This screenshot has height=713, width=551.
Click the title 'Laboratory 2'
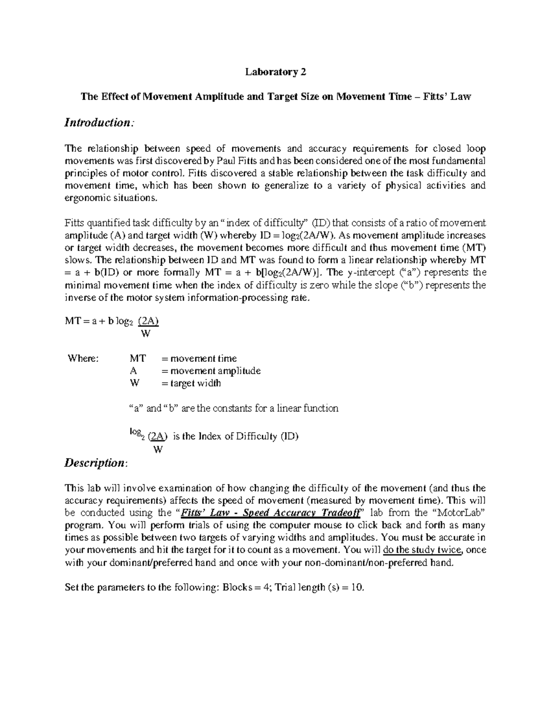point(275,72)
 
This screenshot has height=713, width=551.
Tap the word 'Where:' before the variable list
point(83,358)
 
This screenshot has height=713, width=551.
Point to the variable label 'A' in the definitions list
point(133,371)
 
